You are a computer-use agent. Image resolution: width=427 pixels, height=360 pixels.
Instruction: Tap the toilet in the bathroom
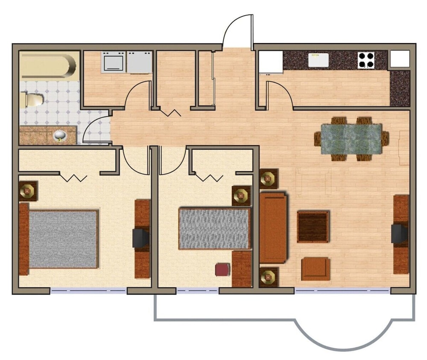(32, 100)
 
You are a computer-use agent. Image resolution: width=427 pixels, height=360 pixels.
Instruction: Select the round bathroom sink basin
(60, 136)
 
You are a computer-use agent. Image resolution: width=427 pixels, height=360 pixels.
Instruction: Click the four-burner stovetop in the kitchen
(366, 60)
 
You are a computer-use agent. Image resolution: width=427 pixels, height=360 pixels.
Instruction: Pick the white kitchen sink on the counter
(319, 60)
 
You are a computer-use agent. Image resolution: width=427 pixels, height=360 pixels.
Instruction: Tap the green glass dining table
(351, 138)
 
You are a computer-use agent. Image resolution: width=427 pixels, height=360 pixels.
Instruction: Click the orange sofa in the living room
(272, 227)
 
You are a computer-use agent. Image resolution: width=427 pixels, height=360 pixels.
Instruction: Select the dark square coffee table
(313, 226)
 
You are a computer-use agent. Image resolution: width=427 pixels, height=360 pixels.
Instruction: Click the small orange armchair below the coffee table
(315, 269)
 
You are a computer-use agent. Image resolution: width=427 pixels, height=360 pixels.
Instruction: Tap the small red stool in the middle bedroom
(222, 270)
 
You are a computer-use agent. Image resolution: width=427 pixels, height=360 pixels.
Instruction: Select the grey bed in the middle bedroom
(214, 228)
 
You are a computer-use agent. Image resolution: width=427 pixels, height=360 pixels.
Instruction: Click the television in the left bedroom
(140, 238)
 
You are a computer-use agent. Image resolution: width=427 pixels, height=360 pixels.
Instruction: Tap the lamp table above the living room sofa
(269, 178)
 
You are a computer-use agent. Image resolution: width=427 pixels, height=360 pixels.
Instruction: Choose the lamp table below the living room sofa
(269, 277)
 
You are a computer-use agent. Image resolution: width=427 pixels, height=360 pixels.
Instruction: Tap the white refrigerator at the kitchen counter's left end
(271, 61)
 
